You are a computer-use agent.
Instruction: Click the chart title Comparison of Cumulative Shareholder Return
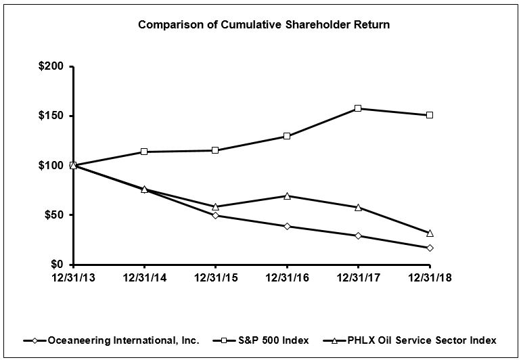[264, 25]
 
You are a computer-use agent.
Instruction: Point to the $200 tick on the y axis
[51, 66]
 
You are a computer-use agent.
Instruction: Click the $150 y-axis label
[51, 116]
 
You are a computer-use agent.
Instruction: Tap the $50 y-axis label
[54, 215]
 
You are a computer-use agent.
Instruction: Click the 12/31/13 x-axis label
[73, 277]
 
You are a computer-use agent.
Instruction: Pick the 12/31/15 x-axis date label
[215, 277]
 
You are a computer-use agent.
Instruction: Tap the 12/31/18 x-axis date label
[430, 277]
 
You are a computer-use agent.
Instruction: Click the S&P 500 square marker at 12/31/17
[358, 108]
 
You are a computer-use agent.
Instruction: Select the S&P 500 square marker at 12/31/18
[430, 115]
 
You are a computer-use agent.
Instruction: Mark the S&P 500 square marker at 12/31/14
[144, 152]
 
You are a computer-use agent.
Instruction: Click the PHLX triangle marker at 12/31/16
[287, 196]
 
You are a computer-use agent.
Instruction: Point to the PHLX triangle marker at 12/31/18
[430, 233]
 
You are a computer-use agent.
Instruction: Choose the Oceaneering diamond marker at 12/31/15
[215, 215]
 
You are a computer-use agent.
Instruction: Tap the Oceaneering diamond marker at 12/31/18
[430, 248]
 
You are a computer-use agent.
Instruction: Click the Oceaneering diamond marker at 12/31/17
[358, 235]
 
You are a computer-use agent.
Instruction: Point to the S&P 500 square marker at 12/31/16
[287, 136]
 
